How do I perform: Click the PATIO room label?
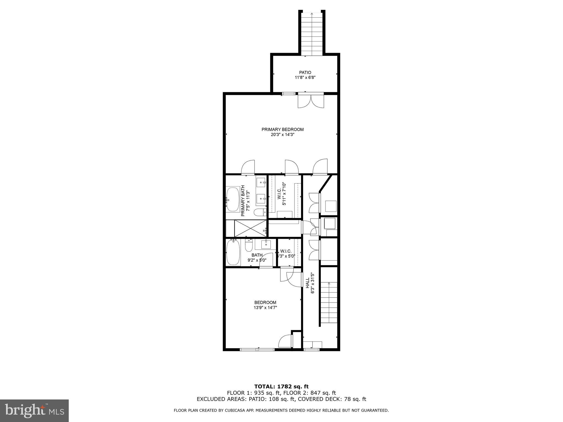[x=305, y=73]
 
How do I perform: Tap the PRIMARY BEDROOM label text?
[x=282, y=129]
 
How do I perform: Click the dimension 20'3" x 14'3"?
[x=283, y=135]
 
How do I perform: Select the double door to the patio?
[x=311, y=101]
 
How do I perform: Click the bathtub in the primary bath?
[x=233, y=199]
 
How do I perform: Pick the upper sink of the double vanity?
[x=261, y=182]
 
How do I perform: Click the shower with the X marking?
[x=250, y=228]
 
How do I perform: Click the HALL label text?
[x=307, y=283]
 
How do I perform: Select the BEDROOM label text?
[x=265, y=302]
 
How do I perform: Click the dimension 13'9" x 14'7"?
[x=265, y=308]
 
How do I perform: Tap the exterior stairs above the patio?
[x=312, y=34]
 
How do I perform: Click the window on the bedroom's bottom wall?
[x=257, y=349]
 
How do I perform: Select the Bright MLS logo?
[x=34, y=411]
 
